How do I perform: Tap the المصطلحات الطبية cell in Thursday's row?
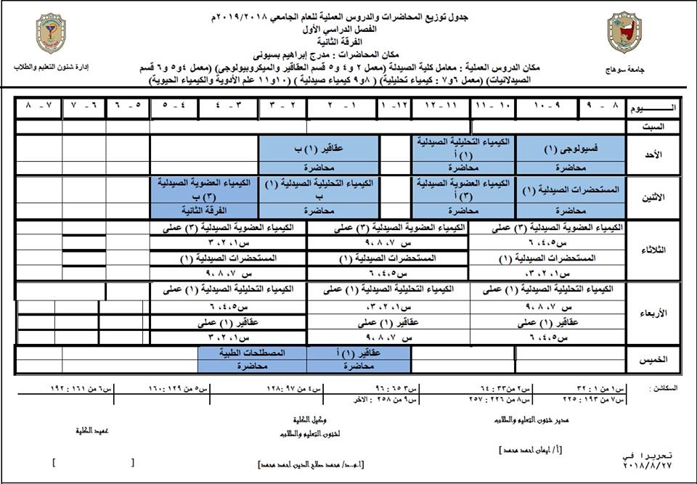tap(252, 352)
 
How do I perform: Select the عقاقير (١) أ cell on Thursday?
tap(359, 352)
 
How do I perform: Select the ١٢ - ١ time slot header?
tap(394, 107)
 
